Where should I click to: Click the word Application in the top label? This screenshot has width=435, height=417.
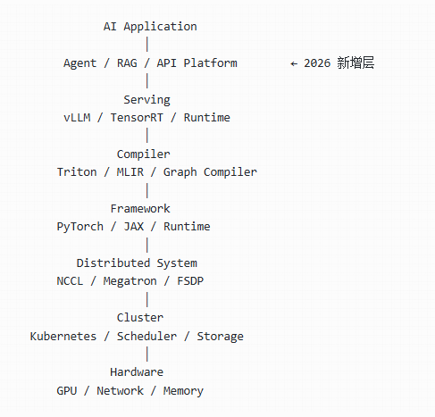point(160,27)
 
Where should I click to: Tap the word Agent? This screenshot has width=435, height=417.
point(79,63)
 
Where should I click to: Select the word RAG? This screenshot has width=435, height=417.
point(127,63)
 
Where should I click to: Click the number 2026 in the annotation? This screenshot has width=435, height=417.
point(317,63)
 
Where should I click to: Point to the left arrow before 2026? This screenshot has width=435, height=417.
point(294,63)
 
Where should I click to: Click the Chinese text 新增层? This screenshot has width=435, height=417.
point(356,63)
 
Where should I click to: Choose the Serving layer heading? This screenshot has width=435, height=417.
point(146,100)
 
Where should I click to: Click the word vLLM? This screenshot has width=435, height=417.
point(77,118)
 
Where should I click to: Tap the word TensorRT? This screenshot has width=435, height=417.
point(137,118)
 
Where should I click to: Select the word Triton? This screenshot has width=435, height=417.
point(77,172)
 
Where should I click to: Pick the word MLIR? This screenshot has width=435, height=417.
point(130,172)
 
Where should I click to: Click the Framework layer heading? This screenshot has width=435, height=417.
point(140,209)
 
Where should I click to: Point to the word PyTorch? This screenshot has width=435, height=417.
point(79,227)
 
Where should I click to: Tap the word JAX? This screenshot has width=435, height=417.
point(134,227)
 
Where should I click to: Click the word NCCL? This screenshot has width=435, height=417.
point(70,281)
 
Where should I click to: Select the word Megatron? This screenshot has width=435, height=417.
point(130,281)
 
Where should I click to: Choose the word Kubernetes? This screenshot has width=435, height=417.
point(63,337)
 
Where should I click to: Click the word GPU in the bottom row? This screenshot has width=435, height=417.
point(67,391)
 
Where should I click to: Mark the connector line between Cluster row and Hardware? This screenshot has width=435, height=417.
point(147,354)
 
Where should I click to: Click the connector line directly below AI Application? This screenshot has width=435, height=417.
point(147,45)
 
